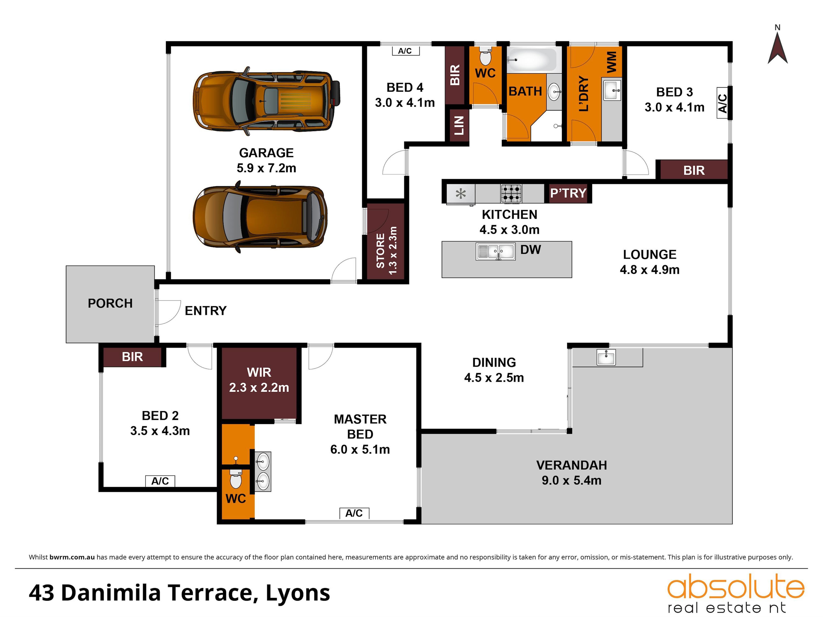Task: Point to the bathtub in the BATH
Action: click(532, 59)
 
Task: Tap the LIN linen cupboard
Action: click(459, 125)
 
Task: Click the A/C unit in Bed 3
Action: click(722, 103)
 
